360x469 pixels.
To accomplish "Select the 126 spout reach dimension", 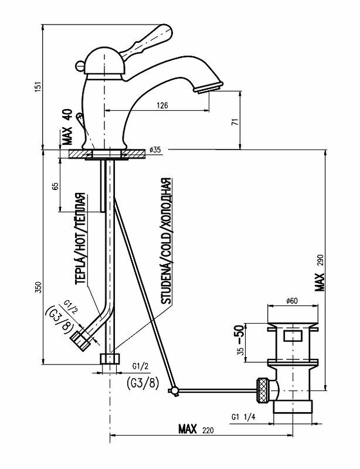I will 162,106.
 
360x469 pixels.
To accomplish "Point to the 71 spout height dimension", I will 235,122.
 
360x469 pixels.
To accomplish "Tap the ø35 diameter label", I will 155,150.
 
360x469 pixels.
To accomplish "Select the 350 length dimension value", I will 38,287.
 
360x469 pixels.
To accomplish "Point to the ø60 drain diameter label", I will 293,301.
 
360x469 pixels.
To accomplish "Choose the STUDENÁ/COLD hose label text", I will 167,241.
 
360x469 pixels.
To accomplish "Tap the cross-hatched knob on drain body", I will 263,389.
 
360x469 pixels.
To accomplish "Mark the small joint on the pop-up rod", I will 173,390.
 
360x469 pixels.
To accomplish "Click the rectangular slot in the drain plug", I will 293,337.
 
